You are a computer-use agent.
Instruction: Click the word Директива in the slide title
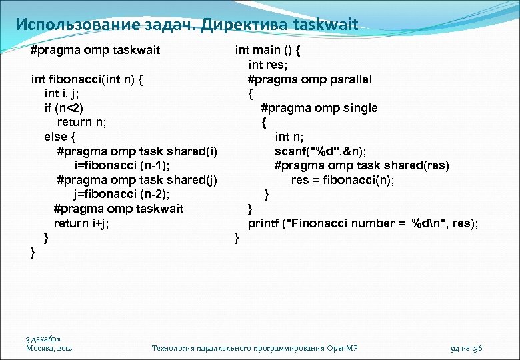[234, 25]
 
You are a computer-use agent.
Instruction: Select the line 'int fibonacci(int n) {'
[89, 79]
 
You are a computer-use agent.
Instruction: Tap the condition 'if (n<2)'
[64, 107]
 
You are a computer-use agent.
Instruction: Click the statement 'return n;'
[83, 122]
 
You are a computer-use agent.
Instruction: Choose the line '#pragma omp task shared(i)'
[137, 151]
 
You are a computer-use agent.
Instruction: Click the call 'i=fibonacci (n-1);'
[127, 165]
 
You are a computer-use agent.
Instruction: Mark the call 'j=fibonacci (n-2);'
[121, 194]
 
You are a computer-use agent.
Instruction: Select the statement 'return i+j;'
[81, 223]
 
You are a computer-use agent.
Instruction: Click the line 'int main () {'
[268, 49]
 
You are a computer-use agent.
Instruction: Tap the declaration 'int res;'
[267, 65]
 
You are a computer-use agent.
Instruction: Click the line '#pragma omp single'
[319, 107]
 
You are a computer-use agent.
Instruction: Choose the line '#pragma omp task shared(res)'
[361, 165]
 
